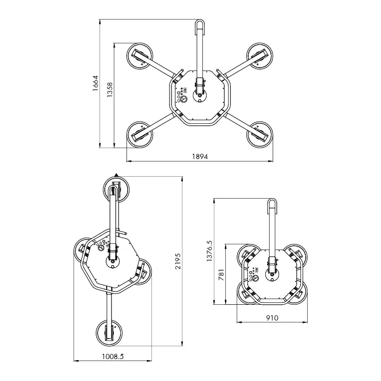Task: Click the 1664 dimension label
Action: tap(95, 83)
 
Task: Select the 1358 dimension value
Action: tap(110, 90)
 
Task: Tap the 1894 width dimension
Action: tap(200, 157)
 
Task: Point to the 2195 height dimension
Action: tap(178, 261)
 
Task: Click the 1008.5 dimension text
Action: tap(113, 356)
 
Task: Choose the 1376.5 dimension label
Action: tap(209, 251)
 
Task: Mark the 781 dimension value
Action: tap(221, 275)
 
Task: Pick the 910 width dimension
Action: tap(272, 318)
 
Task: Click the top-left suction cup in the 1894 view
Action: tap(140, 56)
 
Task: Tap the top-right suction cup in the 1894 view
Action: tap(260, 56)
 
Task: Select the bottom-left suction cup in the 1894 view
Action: tap(140, 135)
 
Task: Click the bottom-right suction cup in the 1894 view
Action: tap(260, 135)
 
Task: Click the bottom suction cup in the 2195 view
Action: tap(109, 332)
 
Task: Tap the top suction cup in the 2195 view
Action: tap(116, 189)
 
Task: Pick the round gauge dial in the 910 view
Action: tap(255, 278)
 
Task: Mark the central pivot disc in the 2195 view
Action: tap(112, 262)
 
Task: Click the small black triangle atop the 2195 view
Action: tap(116, 175)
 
